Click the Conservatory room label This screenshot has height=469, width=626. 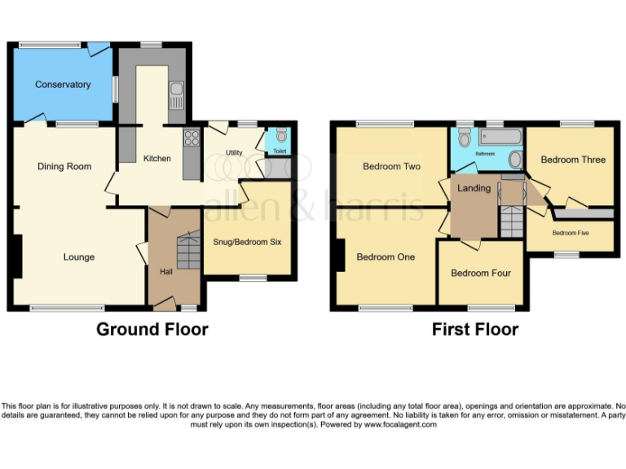(x=63, y=85)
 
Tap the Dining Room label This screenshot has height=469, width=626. (x=64, y=167)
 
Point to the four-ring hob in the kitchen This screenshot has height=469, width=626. (x=192, y=138)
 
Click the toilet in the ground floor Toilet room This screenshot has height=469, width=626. (x=281, y=136)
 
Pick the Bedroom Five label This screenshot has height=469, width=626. (x=570, y=233)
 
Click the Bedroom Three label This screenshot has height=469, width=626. (x=573, y=160)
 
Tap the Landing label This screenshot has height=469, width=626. (x=474, y=188)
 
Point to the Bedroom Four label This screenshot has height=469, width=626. (x=481, y=273)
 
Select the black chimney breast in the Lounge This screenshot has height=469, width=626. (x=16, y=256)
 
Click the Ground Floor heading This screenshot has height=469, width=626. (x=152, y=330)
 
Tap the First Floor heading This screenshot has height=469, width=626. (x=475, y=330)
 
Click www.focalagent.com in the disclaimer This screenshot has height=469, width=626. (x=400, y=424)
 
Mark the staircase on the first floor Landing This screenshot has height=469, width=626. (x=511, y=221)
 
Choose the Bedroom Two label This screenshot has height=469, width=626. (x=392, y=167)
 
